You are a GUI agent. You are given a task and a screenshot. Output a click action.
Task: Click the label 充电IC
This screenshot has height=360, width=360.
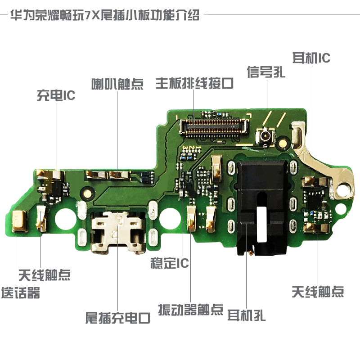point(56,95)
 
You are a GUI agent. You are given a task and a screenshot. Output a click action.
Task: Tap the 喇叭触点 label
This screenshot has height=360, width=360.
point(117,84)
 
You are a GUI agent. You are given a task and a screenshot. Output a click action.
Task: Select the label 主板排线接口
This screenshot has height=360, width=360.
point(195,83)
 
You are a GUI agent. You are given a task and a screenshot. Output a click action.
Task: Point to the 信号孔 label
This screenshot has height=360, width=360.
point(266,72)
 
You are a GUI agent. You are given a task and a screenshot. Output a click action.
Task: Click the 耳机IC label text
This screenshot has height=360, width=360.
point(311,58)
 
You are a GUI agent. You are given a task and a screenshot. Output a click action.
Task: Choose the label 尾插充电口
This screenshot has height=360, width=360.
point(118,318)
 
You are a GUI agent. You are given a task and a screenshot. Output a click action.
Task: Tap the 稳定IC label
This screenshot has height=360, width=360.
point(170,263)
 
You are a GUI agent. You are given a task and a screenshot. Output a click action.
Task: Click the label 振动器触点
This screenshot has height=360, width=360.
point(191,309)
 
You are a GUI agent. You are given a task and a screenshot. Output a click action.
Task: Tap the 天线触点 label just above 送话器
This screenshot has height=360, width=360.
point(45,274)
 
